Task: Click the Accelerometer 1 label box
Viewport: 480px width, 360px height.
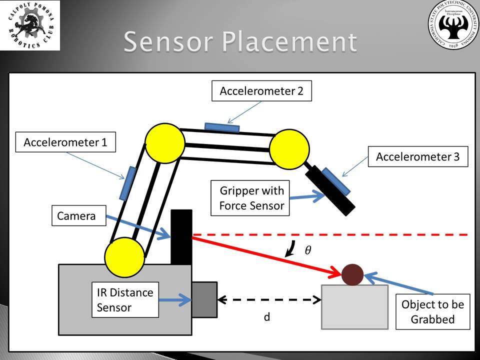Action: [x=65, y=142]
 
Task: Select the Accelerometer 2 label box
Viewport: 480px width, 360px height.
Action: [x=261, y=91]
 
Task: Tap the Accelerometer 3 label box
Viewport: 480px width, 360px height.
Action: [x=417, y=156]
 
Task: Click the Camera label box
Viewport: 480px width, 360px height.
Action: [x=76, y=216]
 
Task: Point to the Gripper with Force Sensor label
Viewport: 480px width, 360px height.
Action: [x=251, y=198]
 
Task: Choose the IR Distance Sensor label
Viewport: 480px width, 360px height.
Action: [x=125, y=300]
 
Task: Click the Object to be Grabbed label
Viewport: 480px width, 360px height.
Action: [x=432, y=311]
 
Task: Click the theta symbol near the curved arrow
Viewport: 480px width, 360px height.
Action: [x=308, y=250]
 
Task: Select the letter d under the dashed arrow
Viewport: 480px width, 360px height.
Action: [x=267, y=317]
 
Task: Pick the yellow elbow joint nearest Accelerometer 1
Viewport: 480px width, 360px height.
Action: [x=164, y=143]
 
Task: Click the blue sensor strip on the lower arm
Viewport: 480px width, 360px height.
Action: [x=127, y=183]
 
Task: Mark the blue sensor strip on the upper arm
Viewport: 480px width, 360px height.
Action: [x=222, y=127]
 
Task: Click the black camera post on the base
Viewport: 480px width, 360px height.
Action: [x=181, y=237]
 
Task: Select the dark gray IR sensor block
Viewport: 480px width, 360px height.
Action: [x=204, y=299]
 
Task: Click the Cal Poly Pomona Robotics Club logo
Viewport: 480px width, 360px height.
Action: [x=30, y=25]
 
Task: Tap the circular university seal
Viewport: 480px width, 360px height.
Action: [x=453, y=25]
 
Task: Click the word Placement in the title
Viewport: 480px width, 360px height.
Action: [x=290, y=42]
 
